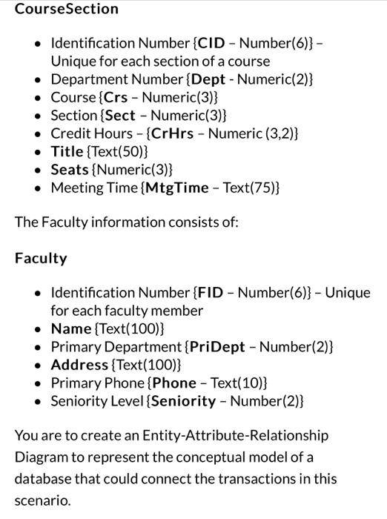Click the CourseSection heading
67,9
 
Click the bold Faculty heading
41,258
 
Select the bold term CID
211,43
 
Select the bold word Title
67,151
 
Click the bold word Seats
69,170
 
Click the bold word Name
70,328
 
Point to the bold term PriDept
216,346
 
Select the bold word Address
79,365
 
